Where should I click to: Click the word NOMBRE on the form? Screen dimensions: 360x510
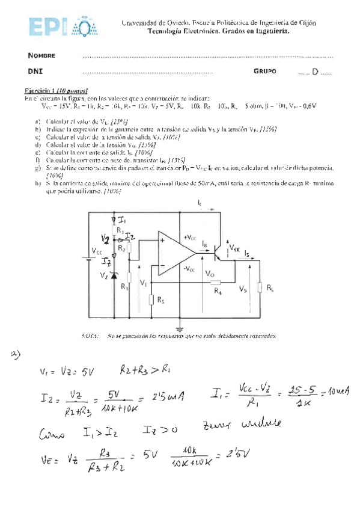pos(41,55)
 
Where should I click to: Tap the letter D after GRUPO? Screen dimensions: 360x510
pos(315,72)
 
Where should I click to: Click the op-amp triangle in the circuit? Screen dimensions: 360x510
pos(175,252)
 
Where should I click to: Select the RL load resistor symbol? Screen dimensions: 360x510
pos(260,287)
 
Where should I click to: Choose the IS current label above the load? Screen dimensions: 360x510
pos(246,254)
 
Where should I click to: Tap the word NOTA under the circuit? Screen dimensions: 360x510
pos(89,336)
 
